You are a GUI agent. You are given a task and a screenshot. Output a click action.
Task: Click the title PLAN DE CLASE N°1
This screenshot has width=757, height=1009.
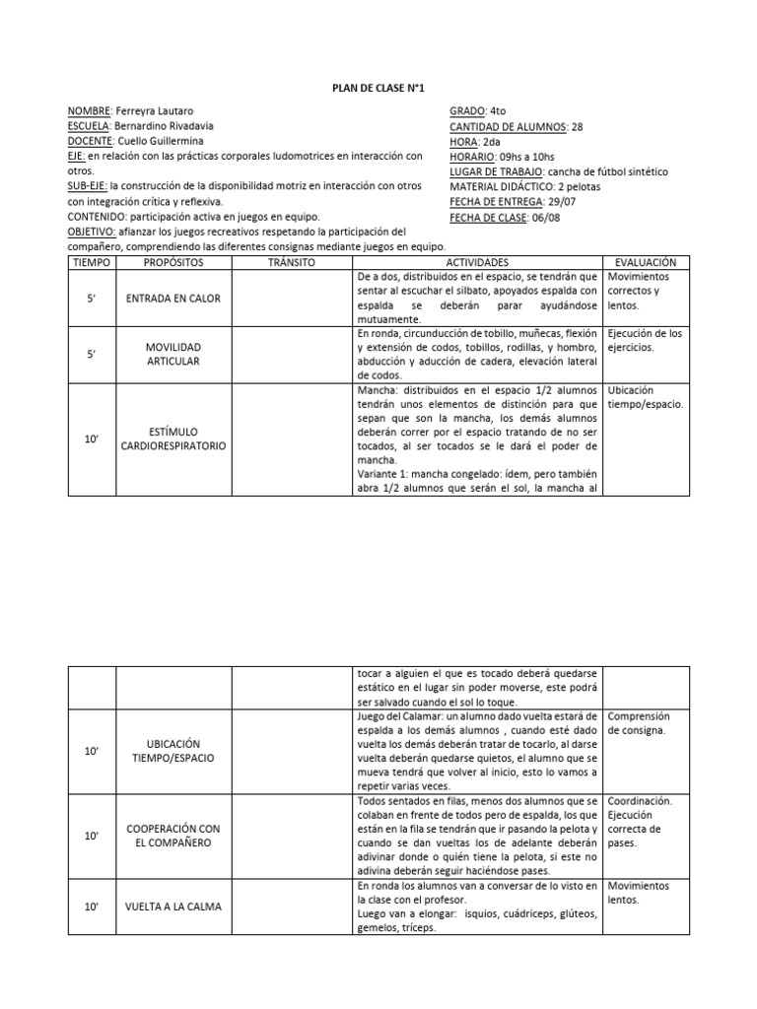pyautogui.click(x=378, y=89)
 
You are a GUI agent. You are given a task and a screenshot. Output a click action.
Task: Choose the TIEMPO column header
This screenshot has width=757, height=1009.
pyautogui.click(x=92, y=263)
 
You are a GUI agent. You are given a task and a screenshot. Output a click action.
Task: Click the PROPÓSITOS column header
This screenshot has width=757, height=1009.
pyautogui.click(x=172, y=263)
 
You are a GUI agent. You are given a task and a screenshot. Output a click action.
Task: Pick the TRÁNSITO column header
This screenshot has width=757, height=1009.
pyautogui.click(x=291, y=263)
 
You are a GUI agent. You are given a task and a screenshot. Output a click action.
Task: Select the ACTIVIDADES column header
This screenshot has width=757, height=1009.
pyautogui.click(x=477, y=263)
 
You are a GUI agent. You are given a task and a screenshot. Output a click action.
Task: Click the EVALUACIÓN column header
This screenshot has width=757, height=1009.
pyautogui.click(x=646, y=263)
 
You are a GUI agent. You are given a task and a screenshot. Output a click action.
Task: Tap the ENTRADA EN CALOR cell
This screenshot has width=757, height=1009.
pyautogui.click(x=172, y=298)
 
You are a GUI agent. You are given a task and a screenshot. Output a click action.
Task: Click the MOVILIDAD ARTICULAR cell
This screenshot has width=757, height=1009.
pyautogui.click(x=172, y=355)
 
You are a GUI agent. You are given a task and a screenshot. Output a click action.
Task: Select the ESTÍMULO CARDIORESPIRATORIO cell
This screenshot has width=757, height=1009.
pyautogui.click(x=172, y=437)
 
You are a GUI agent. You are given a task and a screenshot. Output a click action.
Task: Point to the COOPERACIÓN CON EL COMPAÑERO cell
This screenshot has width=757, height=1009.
pyautogui.click(x=172, y=836)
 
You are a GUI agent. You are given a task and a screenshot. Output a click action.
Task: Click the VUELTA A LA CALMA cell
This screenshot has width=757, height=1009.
pyautogui.click(x=172, y=907)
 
